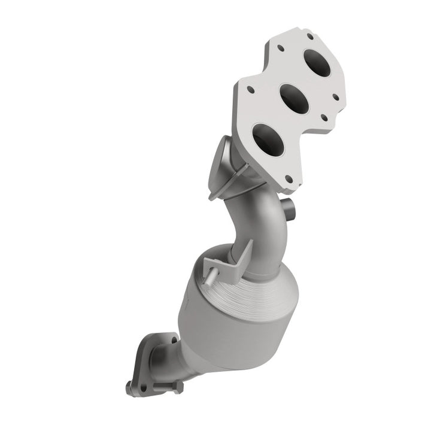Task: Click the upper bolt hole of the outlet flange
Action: click(147, 348)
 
